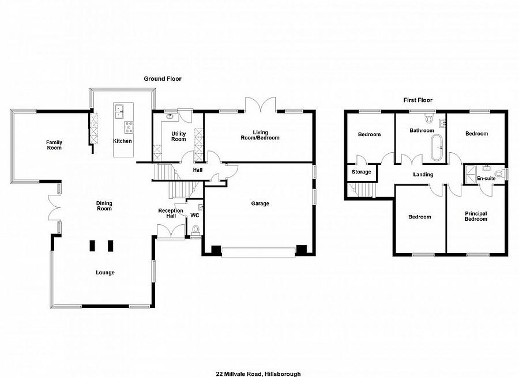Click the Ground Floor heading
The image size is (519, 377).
coord(163,79)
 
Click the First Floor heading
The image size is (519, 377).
coord(418,100)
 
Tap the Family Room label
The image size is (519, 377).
coord(54,145)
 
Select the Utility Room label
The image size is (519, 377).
coord(178,137)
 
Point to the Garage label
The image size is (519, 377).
coord(260,203)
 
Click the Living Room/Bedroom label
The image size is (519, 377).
coord(260,135)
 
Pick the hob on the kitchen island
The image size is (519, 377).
coord(129,126)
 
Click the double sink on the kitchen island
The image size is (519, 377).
coord(119,111)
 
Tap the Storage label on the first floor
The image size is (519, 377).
coord(362,172)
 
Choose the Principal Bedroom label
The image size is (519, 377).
coord(476,216)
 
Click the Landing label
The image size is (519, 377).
coord(423,175)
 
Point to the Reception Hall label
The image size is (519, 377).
coord(171,213)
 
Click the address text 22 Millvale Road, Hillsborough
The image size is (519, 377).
coord(258,374)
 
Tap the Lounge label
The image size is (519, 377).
coord(106,273)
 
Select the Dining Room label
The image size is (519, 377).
coord(104,206)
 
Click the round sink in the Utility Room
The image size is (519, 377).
coord(170,116)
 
